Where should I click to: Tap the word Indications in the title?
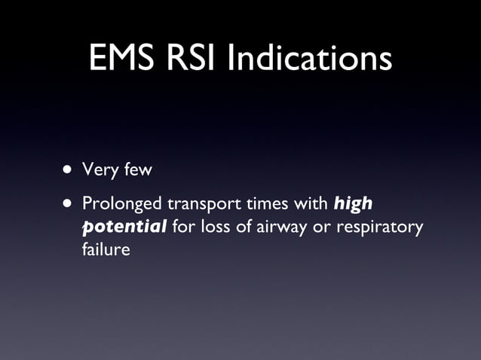pyautogui.click(x=316, y=59)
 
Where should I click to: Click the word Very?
pyautogui.click(x=98, y=171)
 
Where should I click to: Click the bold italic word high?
pyautogui.click(x=353, y=205)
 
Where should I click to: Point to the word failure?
pyautogui.click(x=106, y=249)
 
